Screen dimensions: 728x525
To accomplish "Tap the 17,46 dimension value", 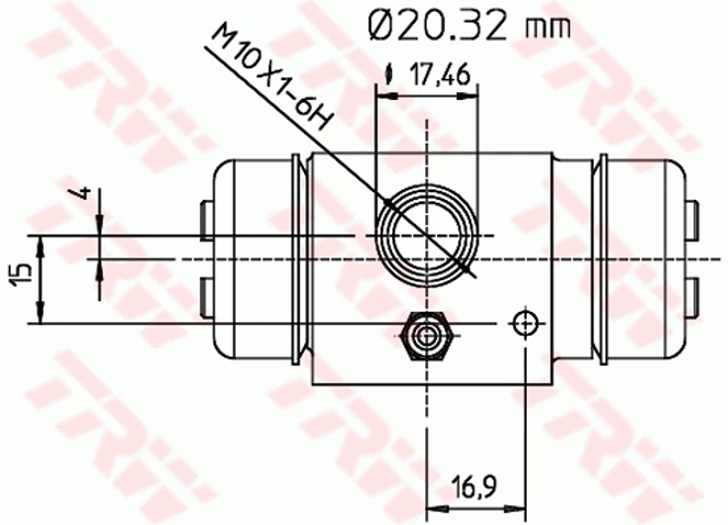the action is (440, 75).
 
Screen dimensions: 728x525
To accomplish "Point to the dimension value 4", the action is (84, 193).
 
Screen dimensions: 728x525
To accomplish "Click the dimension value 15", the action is (21, 275).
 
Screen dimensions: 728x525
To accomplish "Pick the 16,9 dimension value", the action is (473, 487).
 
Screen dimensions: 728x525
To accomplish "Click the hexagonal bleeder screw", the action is (424, 337).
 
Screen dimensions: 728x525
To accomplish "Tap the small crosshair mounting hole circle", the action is (525, 323).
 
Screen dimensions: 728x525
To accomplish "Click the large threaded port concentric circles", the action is (427, 236).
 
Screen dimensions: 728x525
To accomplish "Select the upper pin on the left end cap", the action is (207, 220).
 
